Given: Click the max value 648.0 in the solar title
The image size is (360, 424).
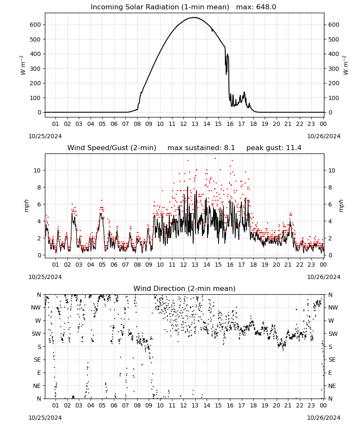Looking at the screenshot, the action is [266, 7].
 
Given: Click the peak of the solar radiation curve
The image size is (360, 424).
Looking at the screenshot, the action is [195, 17].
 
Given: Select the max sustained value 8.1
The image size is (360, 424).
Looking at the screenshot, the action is [229, 148].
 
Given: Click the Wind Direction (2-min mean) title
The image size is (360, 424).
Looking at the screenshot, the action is [185, 288].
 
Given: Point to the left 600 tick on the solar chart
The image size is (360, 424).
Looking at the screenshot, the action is [35, 25].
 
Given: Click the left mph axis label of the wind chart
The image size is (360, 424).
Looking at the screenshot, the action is [26, 206].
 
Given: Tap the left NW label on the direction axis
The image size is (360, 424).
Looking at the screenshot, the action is [36, 308].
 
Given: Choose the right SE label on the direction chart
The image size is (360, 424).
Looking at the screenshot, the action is [332, 360].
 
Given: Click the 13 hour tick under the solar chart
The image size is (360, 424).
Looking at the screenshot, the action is [195, 124].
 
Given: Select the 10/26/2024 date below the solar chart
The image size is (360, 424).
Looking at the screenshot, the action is [324, 136].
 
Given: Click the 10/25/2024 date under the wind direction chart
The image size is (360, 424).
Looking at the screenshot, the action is [45, 418].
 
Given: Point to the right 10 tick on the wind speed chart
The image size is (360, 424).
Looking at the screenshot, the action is [332, 170].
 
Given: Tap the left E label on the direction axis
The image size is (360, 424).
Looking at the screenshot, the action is [39, 373].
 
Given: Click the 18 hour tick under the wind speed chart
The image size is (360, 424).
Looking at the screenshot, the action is [253, 265].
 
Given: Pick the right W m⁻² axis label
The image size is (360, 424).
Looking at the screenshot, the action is [346, 65].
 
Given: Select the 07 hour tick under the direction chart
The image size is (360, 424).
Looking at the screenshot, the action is [125, 406].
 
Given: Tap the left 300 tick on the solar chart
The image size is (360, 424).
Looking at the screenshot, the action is [35, 69].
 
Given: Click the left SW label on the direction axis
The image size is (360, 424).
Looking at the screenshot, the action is [36, 334].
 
